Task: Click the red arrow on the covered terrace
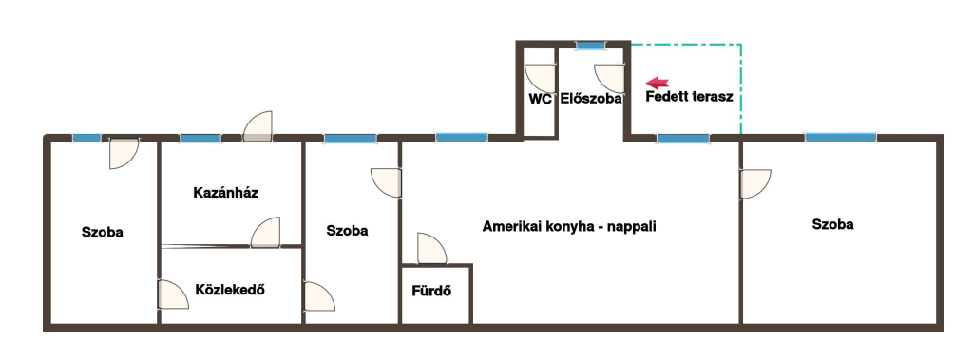[x=658, y=83]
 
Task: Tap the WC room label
[x=540, y=99]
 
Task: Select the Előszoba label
[x=591, y=98]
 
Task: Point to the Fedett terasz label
[x=689, y=97]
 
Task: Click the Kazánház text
[x=226, y=193]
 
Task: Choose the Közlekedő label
[x=230, y=290]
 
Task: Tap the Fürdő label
[x=431, y=291]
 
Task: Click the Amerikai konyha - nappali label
[x=569, y=227]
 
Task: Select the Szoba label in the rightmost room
[x=832, y=225]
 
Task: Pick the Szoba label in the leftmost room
[x=103, y=232]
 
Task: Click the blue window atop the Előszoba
[x=590, y=46]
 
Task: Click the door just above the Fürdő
[x=432, y=248]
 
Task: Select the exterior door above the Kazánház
[x=257, y=126]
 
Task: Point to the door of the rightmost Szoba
[x=755, y=183]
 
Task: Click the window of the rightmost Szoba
[x=841, y=138]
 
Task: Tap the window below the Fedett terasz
[x=682, y=139]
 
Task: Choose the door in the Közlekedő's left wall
[x=173, y=294]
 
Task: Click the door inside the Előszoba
[x=609, y=79]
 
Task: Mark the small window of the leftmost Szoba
[x=86, y=138]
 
